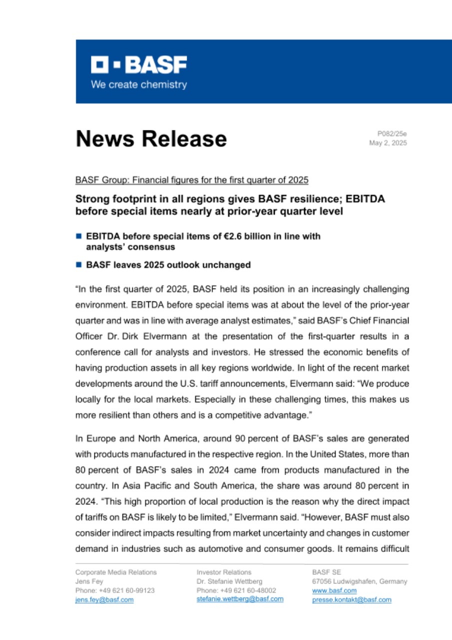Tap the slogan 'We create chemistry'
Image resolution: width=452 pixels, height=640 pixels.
click(x=139, y=84)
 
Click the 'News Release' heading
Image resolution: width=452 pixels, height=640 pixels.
click(x=151, y=138)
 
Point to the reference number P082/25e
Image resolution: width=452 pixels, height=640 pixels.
click(x=392, y=133)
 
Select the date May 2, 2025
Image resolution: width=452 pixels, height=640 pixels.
click(x=388, y=143)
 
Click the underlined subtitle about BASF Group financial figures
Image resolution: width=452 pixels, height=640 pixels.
click(x=192, y=179)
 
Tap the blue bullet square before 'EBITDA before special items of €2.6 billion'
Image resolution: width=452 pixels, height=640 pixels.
click(x=78, y=236)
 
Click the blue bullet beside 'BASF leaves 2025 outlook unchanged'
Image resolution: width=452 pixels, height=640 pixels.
click(x=78, y=265)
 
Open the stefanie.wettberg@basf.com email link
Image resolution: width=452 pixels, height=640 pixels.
click(x=240, y=599)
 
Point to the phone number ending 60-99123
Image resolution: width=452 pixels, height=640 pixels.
click(x=115, y=590)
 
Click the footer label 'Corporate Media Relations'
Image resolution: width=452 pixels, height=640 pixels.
click(x=116, y=572)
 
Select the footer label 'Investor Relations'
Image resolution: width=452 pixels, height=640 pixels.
click(x=224, y=572)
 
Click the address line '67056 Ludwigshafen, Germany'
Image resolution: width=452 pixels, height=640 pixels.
click(x=359, y=581)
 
